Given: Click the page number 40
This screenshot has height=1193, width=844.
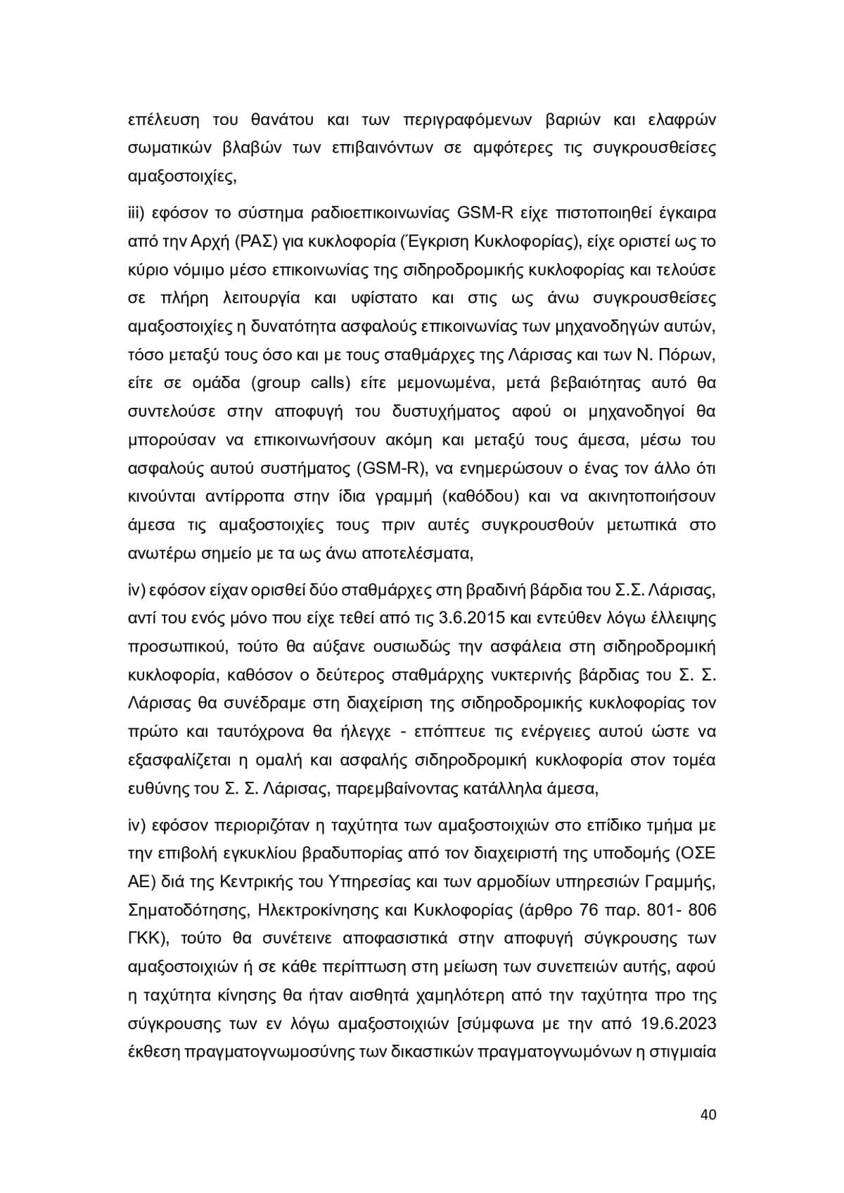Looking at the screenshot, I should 708,1115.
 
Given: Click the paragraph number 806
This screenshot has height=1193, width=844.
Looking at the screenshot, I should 701,910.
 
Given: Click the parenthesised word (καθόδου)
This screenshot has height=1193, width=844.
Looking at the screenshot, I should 481,496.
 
